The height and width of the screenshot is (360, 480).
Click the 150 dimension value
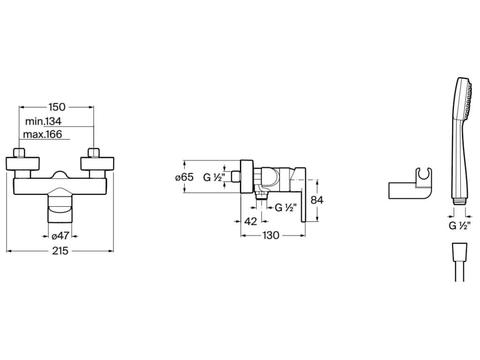pyautogui.click(x=56, y=106)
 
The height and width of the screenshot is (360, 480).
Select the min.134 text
pyautogui.click(x=44, y=121)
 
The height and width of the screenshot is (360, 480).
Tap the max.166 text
pyautogui.click(x=44, y=135)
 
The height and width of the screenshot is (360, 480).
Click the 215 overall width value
pyautogui.click(x=60, y=251)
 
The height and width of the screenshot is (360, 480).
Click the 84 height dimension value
pyautogui.click(x=317, y=200)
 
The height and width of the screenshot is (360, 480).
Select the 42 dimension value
pyautogui.click(x=251, y=221)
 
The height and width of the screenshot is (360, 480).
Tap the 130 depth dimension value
pyautogui.click(x=270, y=235)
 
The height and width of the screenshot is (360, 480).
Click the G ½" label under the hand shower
pyautogui.click(x=459, y=226)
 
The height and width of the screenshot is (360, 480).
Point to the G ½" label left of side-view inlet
pyautogui.click(x=213, y=177)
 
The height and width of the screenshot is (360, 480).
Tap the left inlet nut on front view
pyautogui.click(x=19, y=153)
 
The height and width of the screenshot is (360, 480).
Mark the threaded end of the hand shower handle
pyautogui.click(x=459, y=201)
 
